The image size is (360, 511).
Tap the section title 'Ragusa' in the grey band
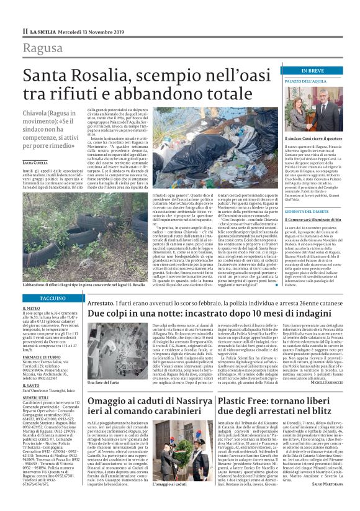tap(42, 48)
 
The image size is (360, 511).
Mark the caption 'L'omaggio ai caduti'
tap(187, 500)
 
